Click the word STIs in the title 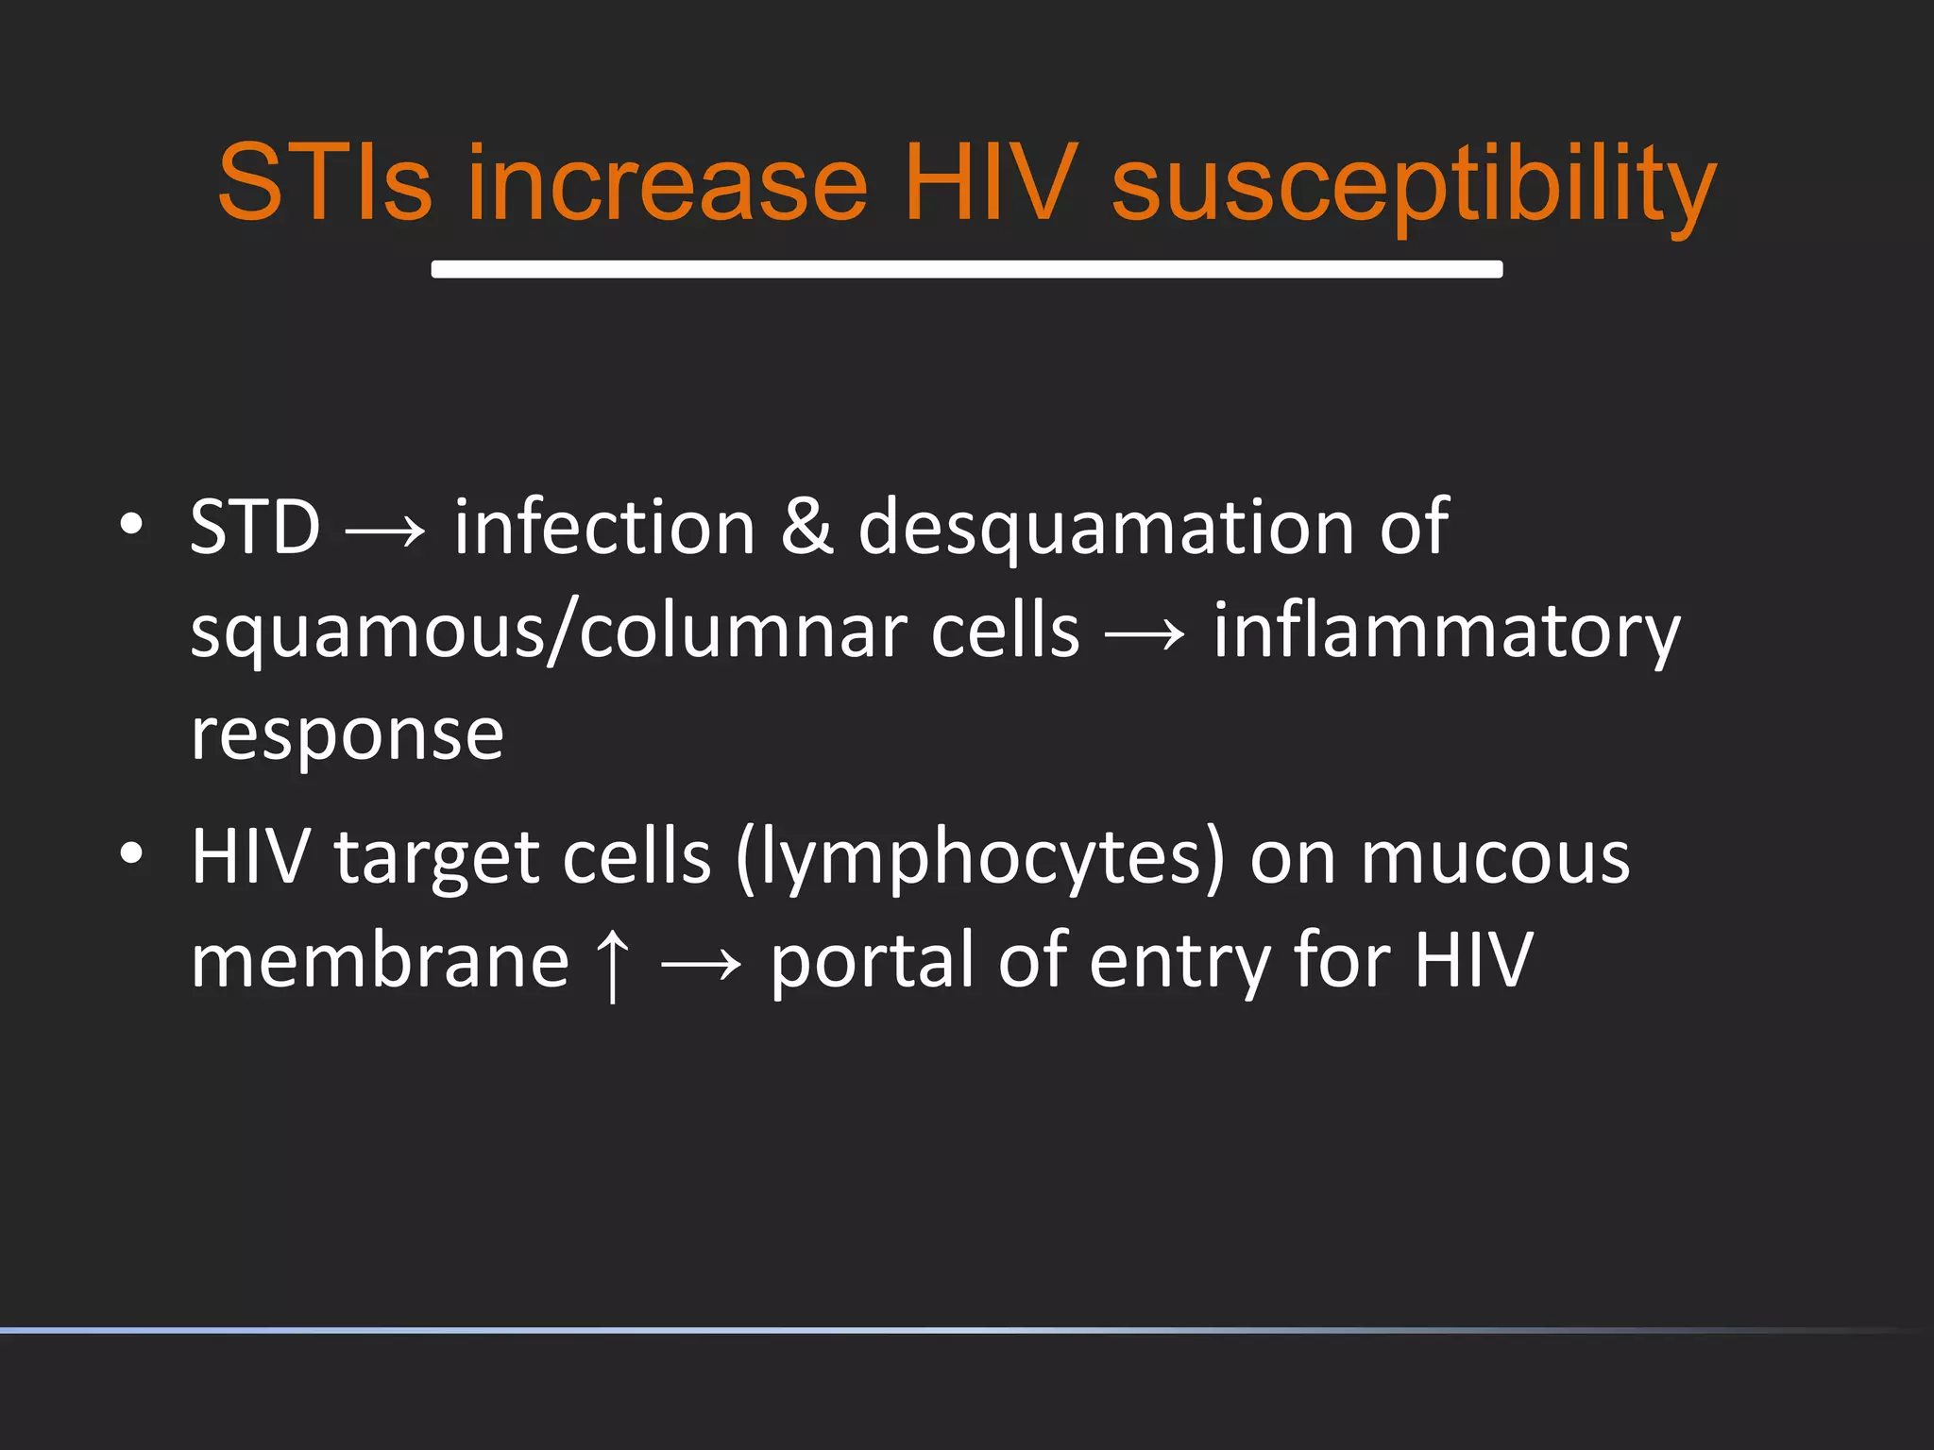[x=324, y=182]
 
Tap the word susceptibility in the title [x=1413, y=184]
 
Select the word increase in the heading [x=666, y=182]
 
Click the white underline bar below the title [x=966, y=269]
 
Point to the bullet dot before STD [x=131, y=524]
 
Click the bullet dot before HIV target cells [x=131, y=853]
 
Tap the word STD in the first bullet [x=255, y=527]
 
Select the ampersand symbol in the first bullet [x=806, y=527]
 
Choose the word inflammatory [x=1446, y=632]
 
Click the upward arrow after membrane [x=613, y=963]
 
